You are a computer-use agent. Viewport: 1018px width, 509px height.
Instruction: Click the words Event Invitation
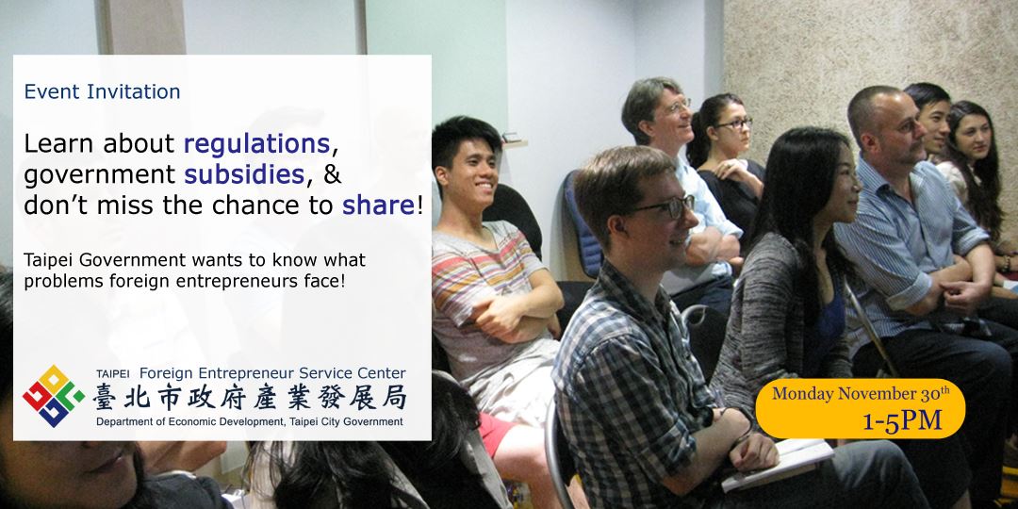pyautogui.click(x=102, y=91)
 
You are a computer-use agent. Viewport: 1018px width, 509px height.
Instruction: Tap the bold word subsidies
pyautogui.click(x=245, y=174)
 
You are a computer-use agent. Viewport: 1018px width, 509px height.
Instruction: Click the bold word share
pyautogui.click(x=379, y=205)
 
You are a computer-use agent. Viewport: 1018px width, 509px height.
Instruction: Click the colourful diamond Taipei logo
pyautogui.click(x=54, y=396)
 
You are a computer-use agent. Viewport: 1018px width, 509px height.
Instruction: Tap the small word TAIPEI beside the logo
pyautogui.click(x=112, y=374)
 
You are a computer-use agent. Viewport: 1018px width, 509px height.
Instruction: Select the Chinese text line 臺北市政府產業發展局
pyautogui.click(x=250, y=398)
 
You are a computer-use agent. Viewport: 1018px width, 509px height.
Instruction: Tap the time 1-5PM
pyautogui.click(x=902, y=420)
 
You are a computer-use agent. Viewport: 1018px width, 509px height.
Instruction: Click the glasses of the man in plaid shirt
pyautogui.click(x=663, y=207)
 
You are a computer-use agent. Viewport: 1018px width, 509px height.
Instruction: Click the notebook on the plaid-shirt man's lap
pyautogui.click(x=780, y=462)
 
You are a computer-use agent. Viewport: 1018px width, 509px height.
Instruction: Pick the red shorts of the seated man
pyautogui.click(x=497, y=434)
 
